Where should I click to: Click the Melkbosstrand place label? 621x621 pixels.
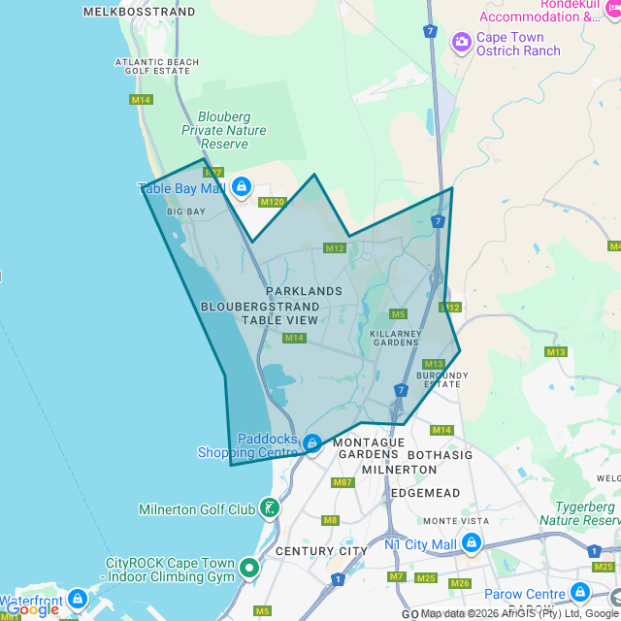pyautogui.click(x=140, y=12)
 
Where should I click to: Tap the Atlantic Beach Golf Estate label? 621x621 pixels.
pyautogui.click(x=157, y=67)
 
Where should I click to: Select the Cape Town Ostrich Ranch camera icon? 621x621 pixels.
pyautogui.click(x=461, y=41)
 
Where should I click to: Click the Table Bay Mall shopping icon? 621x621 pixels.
pyautogui.click(x=241, y=187)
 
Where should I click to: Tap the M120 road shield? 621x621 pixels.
pyautogui.click(x=273, y=202)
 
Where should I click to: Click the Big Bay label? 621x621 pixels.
pyautogui.click(x=186, y=211)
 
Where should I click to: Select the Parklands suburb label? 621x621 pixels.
pyautogui.click(x=304, y=291)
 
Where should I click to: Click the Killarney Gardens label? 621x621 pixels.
pyautogui.click(x=394, y=337)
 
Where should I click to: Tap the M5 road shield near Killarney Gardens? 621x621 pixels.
pyautogui.click(x=398, y=313)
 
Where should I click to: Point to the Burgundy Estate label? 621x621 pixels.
pyautogui.click(x=441, y=379)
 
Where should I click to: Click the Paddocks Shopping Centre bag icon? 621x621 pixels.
pyautogui.click(x=311, y=443)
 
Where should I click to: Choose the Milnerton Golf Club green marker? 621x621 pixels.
pyautogui.click(x=269, y=507)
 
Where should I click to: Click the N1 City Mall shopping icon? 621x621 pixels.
pyautogui.click(x=470, y=543)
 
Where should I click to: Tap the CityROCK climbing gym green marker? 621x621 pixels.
pyautogui.click(x=249, y=568)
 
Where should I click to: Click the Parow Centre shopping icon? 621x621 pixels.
pyautogui.click(x=579, y=591)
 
